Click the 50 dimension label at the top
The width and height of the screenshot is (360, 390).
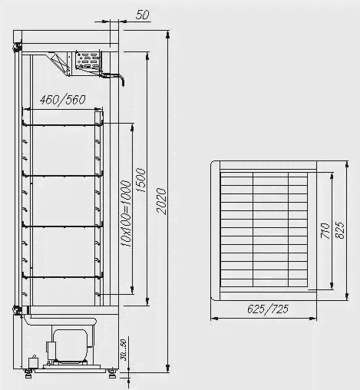(x=142, y=15)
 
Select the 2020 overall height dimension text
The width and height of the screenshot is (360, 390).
(x=161, y=201)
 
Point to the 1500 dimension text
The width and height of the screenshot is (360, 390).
(x=141, y=180)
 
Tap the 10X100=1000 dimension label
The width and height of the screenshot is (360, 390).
(x=126, y=213)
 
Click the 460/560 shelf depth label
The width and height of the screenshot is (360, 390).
(x=62, y=100)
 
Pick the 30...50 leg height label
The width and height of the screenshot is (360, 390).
(x=124, y=350)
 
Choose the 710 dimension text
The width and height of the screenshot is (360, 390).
(x=325, y=231)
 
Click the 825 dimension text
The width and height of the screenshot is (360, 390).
(x=340, y=230)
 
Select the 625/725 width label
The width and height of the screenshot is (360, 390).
(x=268, y=309)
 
